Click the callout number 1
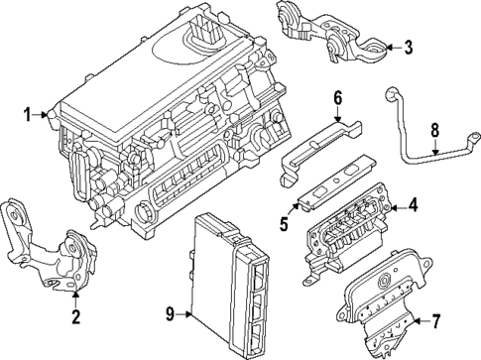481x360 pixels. [29, 115]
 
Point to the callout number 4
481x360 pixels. [415, 206]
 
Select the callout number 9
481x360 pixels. [170, 314]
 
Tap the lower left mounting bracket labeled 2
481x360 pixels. [50, 248]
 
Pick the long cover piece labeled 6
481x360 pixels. [317, 144]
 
